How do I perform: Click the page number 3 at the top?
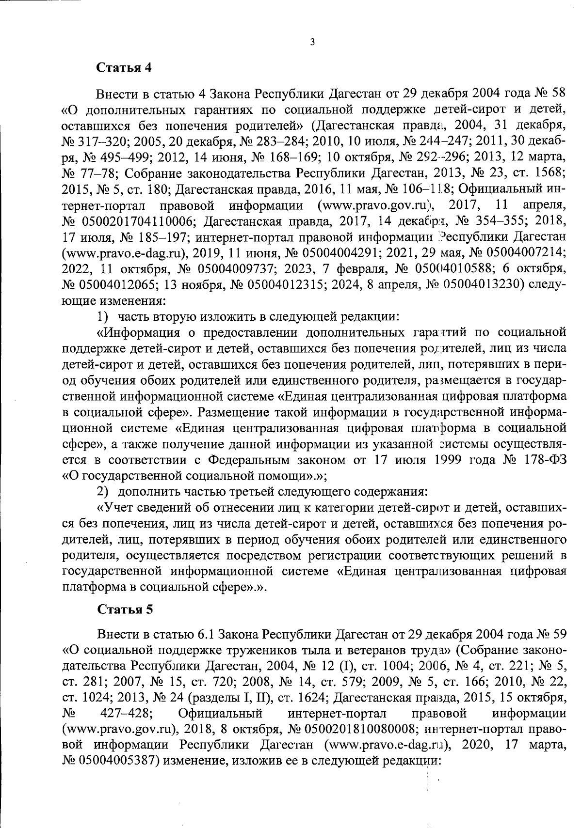[312, 42]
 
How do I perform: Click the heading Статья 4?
[125, 67]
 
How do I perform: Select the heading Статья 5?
[125, 609]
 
